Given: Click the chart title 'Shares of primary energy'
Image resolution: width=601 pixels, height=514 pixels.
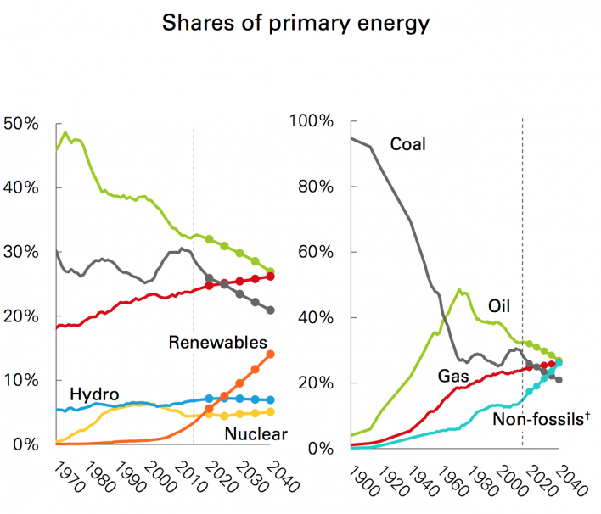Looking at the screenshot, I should [296, 23].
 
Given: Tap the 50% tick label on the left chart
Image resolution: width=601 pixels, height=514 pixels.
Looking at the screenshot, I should [21, 124].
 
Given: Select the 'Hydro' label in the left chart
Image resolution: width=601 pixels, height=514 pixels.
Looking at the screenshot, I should [93, 394].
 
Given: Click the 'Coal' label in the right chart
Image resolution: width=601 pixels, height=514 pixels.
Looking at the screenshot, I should [407, 144].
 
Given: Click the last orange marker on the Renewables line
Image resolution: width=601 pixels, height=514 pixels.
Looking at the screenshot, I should [271, 355].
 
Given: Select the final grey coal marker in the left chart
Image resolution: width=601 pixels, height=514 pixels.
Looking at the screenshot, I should [271, 310].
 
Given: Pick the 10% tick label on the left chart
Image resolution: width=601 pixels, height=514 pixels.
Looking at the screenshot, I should [21, 380].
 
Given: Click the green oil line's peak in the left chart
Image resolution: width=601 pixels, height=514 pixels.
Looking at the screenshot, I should [65, 133].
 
